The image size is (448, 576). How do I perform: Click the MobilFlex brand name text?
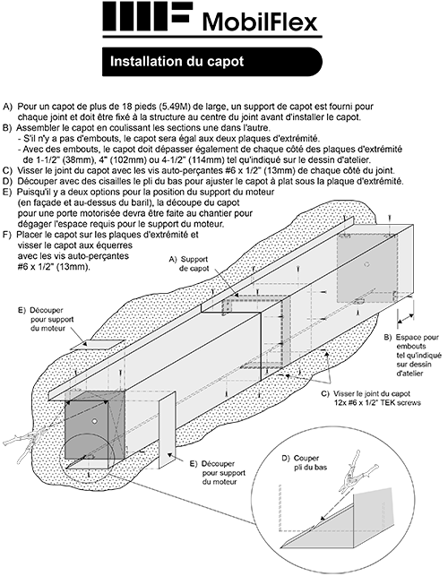tap(260, 22)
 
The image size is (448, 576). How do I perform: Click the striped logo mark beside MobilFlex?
tap(147, 16)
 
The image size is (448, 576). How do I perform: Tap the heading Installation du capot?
tap(177, 61)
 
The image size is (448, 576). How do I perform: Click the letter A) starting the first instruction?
tap(8, 107)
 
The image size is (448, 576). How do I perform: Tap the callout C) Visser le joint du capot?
tap(371, 399)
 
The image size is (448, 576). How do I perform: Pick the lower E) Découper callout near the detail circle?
tap(218, 473)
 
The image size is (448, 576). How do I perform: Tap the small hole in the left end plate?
tap(94, 421)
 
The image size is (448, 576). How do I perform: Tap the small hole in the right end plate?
tap(366, 264)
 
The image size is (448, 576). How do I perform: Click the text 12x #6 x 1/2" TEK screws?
tap(375, 403)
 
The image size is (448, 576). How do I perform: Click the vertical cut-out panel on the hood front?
tap(167, 430)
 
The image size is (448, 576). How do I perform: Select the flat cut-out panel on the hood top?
tap(98, 345)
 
